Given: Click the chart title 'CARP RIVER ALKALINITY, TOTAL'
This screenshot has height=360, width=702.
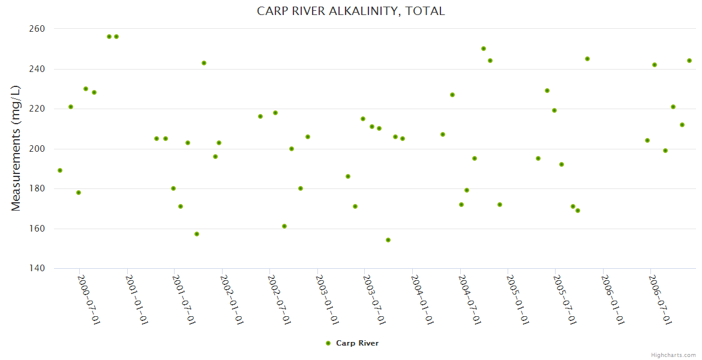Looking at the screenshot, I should tap(351, 11).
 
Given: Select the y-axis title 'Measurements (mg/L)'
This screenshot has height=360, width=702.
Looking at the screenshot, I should tap(16, 148).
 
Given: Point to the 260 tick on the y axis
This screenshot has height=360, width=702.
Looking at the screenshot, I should tap(37, 29).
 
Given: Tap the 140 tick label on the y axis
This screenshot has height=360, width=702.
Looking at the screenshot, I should tap(37, 268).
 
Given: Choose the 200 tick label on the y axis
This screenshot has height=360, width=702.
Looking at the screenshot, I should tap(37, 149).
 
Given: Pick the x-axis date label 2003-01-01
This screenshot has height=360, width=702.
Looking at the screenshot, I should tap(328, 299).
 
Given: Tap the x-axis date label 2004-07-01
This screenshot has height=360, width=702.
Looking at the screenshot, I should tap(470, 299).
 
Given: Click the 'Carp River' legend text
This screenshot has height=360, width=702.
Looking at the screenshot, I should tap(357, 343).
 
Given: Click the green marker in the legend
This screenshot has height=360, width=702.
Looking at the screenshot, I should tap(328, 343).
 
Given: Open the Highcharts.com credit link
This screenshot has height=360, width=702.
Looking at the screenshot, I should tap(673, 355).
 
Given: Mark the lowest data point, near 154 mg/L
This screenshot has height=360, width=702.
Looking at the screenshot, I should tap(388, 240).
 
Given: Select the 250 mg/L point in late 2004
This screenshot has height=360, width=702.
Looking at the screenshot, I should tap(484, 49).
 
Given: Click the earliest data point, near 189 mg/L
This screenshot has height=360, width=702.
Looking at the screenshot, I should tap(60, 170).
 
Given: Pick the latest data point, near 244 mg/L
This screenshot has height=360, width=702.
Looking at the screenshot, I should tap(689, 61).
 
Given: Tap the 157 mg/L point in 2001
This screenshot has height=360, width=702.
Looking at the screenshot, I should tap(197, 234).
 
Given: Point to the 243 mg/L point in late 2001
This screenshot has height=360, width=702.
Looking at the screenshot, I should tap(204, 63).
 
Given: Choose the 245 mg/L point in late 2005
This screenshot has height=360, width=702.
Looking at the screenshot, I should tap(587, 59).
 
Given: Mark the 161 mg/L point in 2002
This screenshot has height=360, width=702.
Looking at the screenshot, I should tap(284, 226).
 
